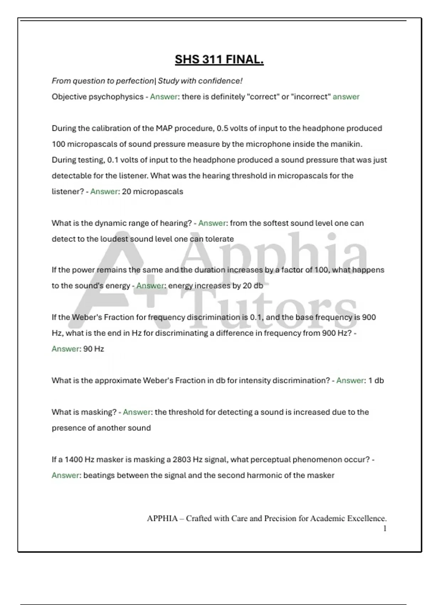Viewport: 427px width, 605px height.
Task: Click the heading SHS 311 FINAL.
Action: pos(219,59)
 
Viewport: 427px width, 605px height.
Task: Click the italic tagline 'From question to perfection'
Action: pos(102,81)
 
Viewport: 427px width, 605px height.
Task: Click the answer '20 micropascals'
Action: pos(152,192)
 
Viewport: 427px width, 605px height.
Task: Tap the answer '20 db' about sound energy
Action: pos(253,286)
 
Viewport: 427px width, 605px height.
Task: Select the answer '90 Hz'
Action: pos(94,349)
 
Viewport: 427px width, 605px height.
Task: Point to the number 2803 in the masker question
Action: pos(181,460)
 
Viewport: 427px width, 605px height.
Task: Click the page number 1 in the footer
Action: pos(385,529)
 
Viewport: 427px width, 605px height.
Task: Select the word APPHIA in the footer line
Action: pos(162,519)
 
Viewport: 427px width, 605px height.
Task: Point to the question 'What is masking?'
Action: pos(84,412)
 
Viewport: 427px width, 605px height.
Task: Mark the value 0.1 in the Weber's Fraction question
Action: pos(256,317)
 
